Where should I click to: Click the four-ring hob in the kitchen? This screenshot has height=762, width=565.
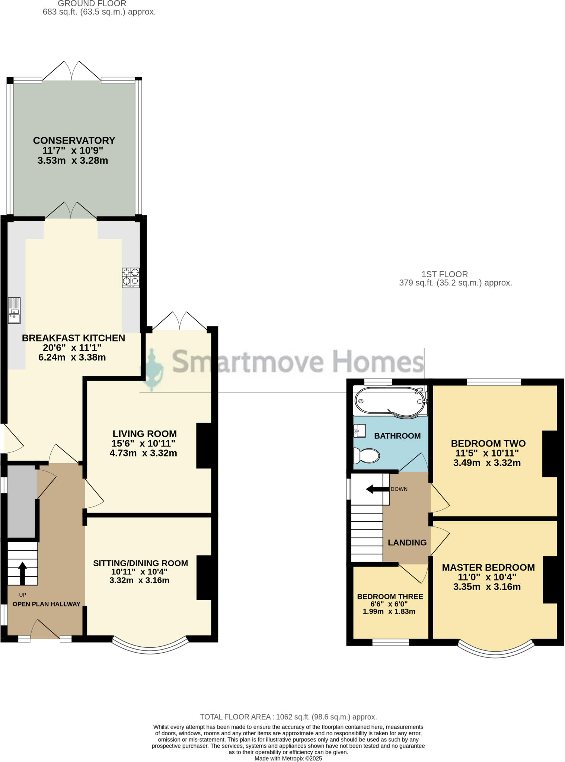point(131,278)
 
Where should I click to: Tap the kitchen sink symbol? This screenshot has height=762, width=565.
point(15,311)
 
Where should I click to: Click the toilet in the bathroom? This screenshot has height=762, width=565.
point(366,455)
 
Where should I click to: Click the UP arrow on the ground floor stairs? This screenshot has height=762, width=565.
point(22,573)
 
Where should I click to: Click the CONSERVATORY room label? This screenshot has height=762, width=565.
point(74,140)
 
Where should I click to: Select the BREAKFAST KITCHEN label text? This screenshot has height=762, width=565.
point(73,338)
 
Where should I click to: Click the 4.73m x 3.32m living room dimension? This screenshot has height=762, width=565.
point(143,453)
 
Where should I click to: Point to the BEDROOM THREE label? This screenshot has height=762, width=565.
point(390,596)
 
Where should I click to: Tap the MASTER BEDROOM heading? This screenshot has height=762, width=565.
point(488,567)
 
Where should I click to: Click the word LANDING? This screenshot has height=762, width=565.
point(407,542)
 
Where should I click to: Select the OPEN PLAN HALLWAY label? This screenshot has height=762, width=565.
point(47,604)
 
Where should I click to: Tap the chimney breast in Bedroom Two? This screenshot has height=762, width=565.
point(549,454)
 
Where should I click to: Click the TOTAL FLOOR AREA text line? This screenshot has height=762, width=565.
point(288,717)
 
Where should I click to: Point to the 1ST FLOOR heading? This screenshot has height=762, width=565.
point(444,274)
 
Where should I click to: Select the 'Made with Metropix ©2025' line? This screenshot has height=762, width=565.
point(288,758)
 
